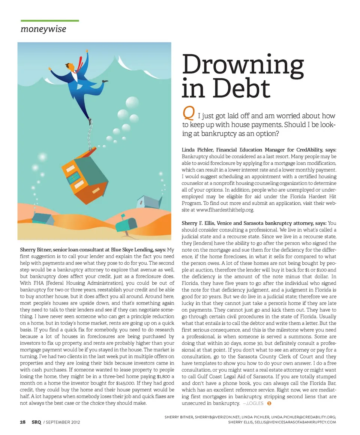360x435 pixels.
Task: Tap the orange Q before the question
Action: (x=187, y=112)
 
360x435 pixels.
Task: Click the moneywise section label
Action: (x=43, y=28)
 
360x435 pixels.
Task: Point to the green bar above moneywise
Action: (x=49, y=21)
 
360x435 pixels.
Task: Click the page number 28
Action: (x=23, y=422)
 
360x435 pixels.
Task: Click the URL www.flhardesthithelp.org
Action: (x=219, y=210)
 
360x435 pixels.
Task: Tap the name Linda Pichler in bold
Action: (x=196, y=150)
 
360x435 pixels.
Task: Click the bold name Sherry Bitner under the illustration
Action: (x=36, y=250)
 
